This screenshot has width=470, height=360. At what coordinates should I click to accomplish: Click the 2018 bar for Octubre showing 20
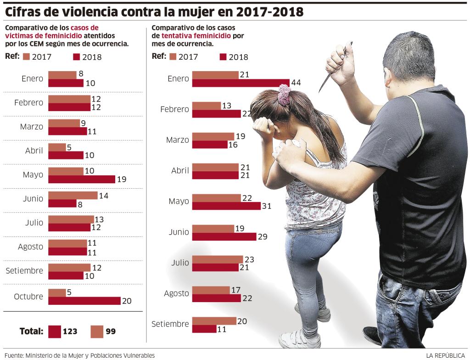[84, 301]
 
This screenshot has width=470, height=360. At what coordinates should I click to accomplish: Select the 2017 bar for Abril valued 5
[57, 147]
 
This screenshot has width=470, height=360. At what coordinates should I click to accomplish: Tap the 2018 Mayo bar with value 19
[81, 179]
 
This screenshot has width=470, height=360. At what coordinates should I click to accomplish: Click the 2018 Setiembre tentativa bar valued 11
[204, 329]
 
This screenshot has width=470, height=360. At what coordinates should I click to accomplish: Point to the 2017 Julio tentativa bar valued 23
[217, 259]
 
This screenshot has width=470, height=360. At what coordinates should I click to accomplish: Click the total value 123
[70, 331]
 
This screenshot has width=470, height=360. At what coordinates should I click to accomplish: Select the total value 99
[110, 331]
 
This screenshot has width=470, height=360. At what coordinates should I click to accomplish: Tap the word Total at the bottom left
[31, 331]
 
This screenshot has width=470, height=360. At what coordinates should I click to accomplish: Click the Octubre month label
[28, 297]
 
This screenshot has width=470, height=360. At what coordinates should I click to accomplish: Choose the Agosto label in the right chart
[177, 293]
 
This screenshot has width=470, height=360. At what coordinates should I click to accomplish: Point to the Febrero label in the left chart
[28, 103]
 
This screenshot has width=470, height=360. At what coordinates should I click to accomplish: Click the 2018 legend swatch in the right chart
[224, 57]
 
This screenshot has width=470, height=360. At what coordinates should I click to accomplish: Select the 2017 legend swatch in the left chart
[26, 57]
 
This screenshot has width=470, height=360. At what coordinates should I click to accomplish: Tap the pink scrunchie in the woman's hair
[285, 94]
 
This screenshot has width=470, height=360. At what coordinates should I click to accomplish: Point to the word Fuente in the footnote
[13, 355]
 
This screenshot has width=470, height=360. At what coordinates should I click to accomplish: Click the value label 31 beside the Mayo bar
[267, 206]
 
